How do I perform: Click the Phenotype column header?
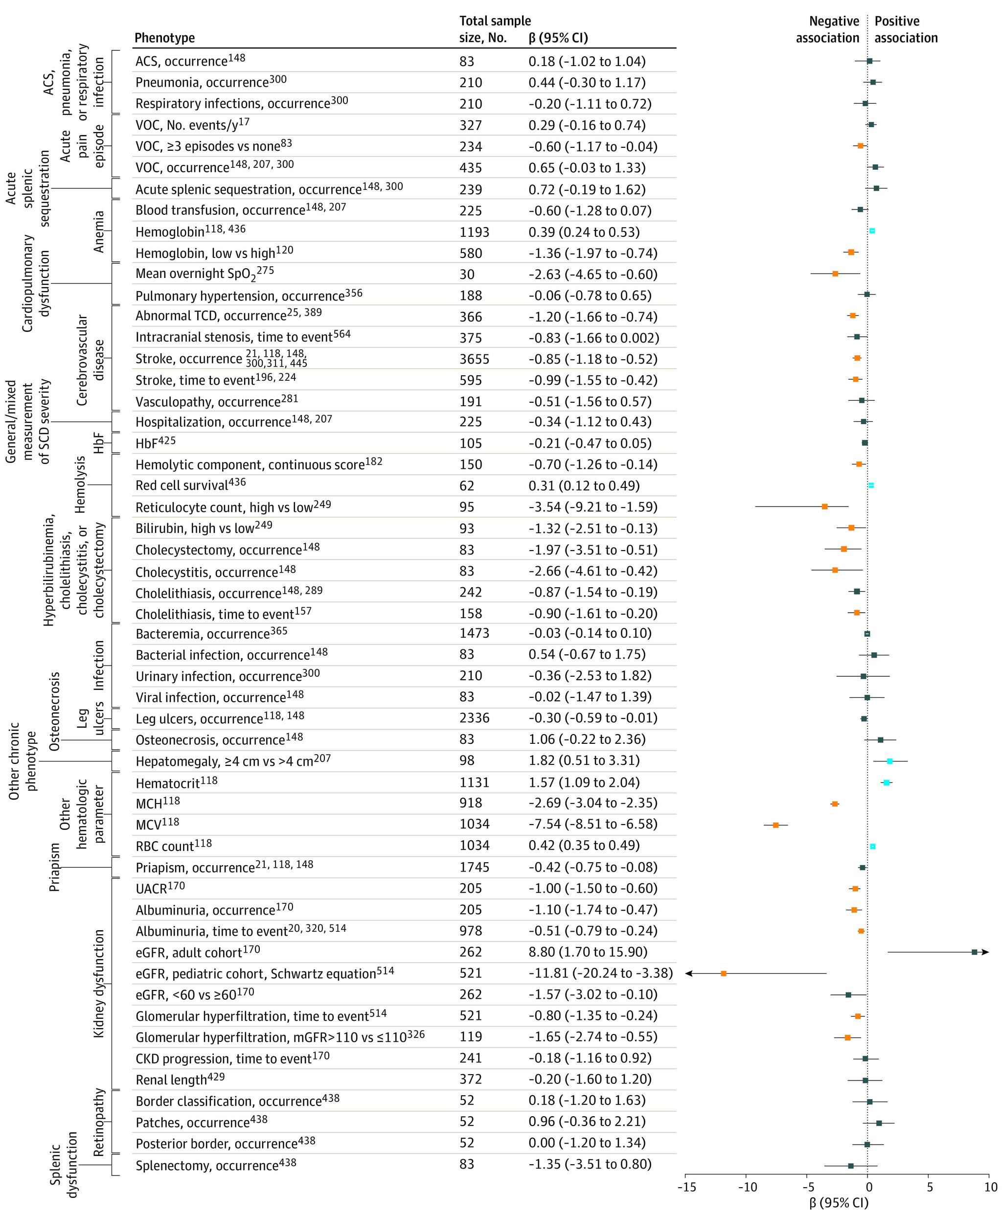pyautogui.click(x=164, y=38)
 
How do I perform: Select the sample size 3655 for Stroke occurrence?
pyautogui.click(x=474, y=359)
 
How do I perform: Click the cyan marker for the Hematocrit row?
pyautogui.click(x=886, y=782)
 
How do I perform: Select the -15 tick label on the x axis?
pyautogui.click(x=685, y=1187)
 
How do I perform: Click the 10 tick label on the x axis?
pyautogui.click(x=990, y=1187)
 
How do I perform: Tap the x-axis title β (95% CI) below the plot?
pyautogui.click(x=838, y=1203)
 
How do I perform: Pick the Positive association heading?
pyautogui.click(x=906, y=29)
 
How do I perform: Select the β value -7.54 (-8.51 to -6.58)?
pyautogui.click(x=593, y=824)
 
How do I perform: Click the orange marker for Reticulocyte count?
pyautogui.click(x=824, y=506)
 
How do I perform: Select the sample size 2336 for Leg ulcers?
pyautogui.click(x=474, y=718)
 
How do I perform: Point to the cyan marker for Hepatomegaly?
pyautogui.click(x=889, y=761)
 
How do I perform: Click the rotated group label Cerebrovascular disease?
pyautogui.click(x=91, y=359)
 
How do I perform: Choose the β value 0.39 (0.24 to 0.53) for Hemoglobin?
pyautogui.click(x=584, y=232)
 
